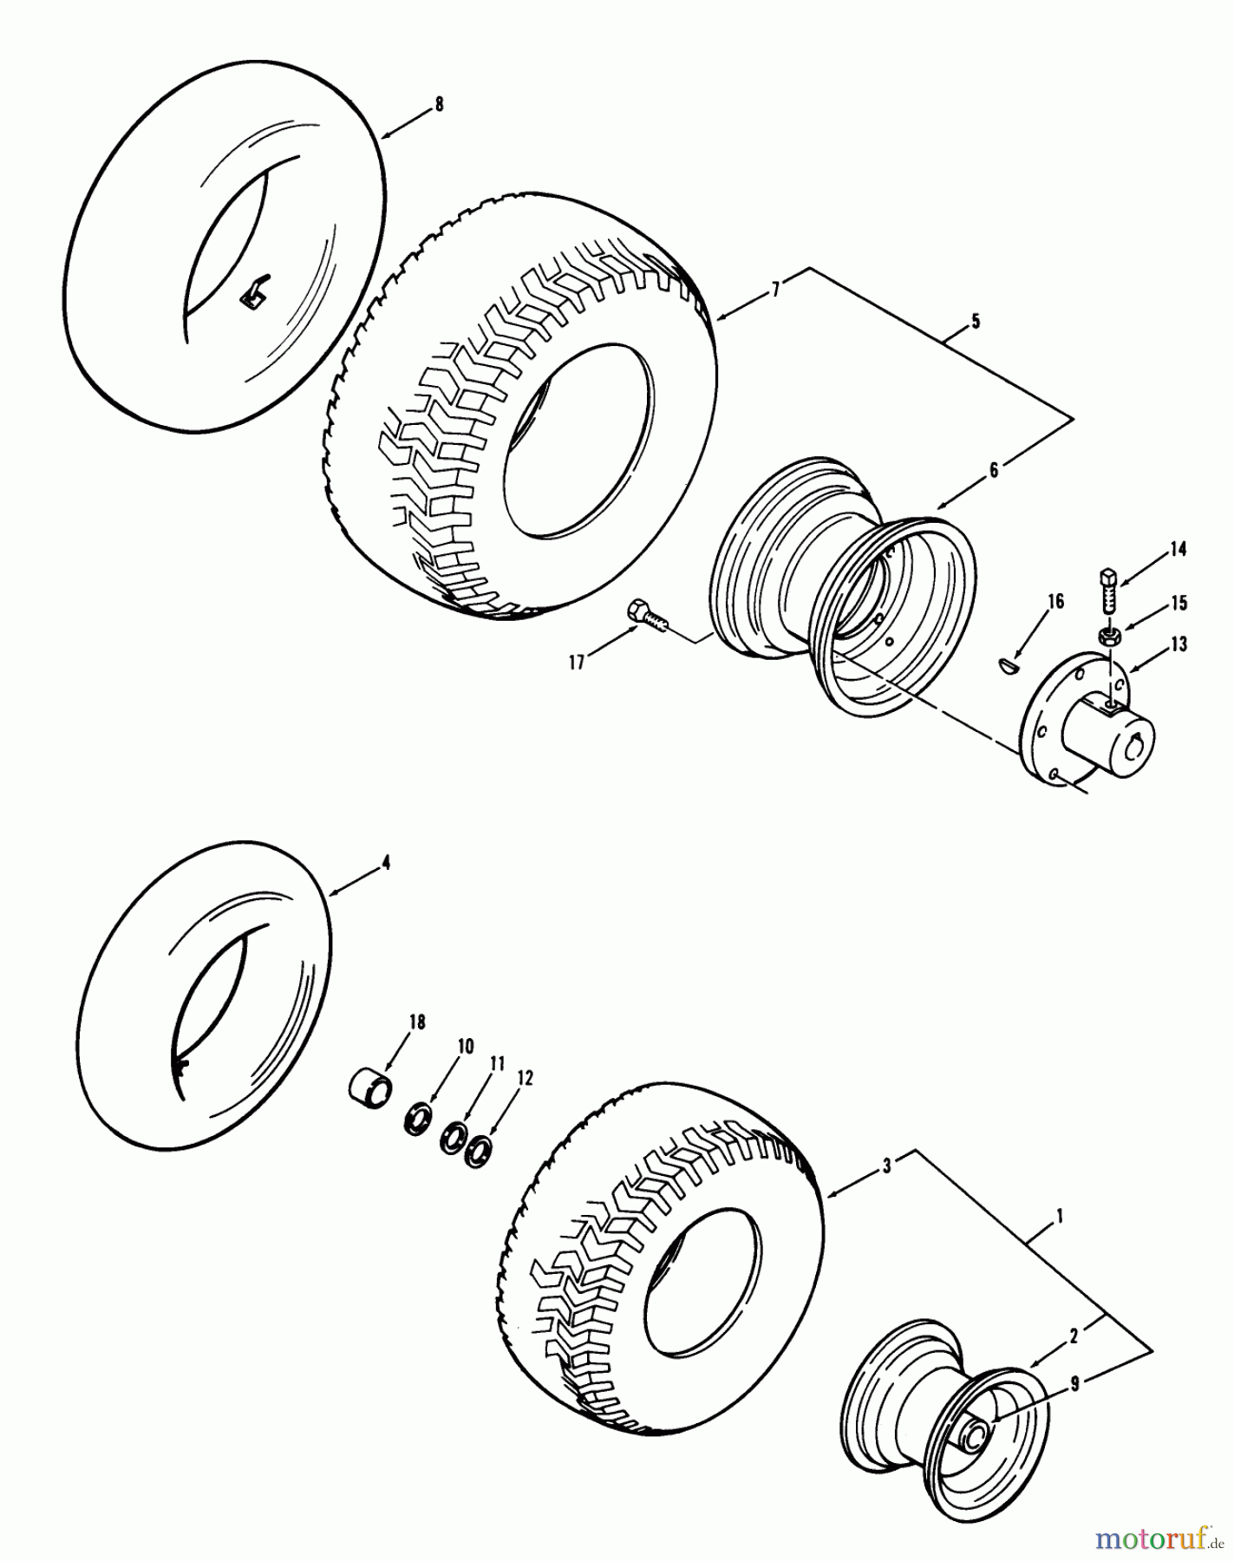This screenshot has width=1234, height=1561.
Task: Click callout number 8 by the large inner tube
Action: tap(439, 104)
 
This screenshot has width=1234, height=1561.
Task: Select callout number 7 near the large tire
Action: tap(776, 291)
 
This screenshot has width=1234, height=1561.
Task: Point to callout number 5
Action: tap(976, 322)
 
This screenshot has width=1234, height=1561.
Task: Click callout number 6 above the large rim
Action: tap(994, 470)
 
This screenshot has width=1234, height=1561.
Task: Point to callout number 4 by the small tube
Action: tap(386, 862)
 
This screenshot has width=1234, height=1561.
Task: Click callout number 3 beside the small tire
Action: tap(886, 1166)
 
